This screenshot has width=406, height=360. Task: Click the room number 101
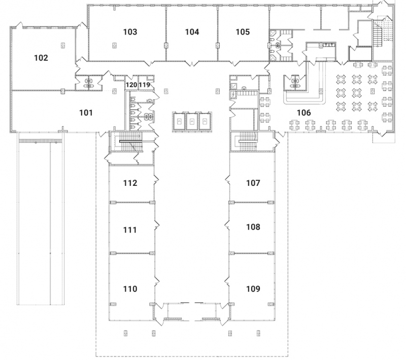click(x=86, y=113)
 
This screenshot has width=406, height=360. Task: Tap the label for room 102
click(x=41, y=58)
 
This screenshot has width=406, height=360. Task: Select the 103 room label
click(x=130, y=32)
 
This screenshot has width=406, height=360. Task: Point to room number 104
click(x=192, y=32)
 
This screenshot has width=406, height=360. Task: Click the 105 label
click(x=243, y=32)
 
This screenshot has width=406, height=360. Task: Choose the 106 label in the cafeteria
click(x=303, y=113)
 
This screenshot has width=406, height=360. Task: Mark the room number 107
click(x=253, y=183)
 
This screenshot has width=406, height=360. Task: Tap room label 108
click(x=253, y=227)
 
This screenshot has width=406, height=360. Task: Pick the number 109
click(x=253, y=289)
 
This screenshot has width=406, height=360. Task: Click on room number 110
click(x=130, y=289)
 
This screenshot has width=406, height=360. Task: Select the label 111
click(x=130, y=230)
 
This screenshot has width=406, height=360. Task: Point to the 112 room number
click(x=130, y=183)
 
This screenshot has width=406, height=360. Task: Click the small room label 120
click(x=131, y=85)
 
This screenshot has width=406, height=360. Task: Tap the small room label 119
click(x=145, y=85)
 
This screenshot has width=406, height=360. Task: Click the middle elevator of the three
click(x=192, y=121)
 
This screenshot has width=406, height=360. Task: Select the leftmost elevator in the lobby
click(x=179, y=121)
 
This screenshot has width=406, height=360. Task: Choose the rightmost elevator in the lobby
click(x=205, y=121)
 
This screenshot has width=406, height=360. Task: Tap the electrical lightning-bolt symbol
click(x=234, y=95)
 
